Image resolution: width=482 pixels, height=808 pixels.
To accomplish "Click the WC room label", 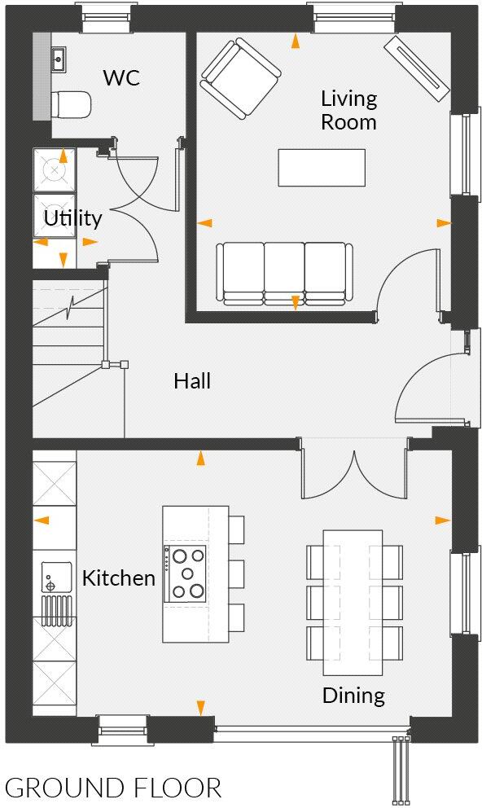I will coord(121,78).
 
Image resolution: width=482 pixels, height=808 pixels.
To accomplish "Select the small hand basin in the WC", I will coord(58,59).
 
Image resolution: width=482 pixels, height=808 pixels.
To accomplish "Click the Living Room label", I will coord(348,111).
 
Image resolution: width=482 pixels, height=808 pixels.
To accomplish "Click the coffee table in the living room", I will coord(320,168).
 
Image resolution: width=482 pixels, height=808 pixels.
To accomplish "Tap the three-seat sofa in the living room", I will coord(284,273).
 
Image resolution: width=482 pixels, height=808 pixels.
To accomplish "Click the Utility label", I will coord(72,218).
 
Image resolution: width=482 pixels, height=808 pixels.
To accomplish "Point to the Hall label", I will coord(192,380).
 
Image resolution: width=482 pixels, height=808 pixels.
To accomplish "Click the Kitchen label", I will coord(119,578).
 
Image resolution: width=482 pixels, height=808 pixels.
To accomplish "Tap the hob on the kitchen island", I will coord(186,573).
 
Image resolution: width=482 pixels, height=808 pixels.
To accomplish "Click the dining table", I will coord(353,601).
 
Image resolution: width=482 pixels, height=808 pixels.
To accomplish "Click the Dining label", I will coord(353,696).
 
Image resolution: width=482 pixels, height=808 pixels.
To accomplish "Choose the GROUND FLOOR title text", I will coord(113,788).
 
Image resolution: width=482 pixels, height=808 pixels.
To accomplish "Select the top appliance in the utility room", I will coord(54,169).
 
